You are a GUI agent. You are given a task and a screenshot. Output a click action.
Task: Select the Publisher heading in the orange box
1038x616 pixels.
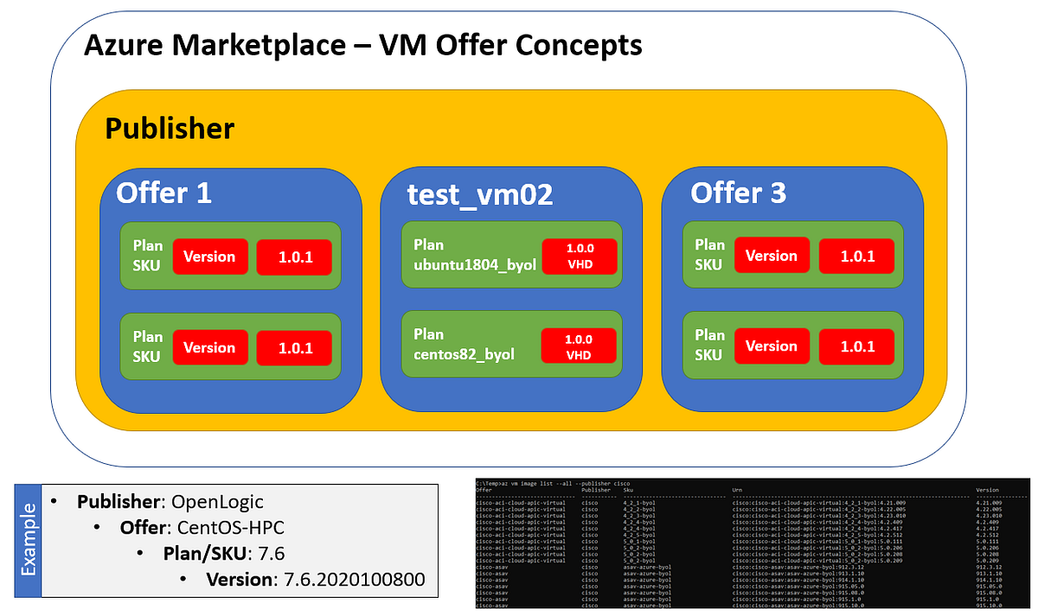tap(170, 129)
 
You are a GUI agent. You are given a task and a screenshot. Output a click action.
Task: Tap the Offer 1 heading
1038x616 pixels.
tap(163, 193)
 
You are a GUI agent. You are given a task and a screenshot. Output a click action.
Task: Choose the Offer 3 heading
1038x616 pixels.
tap(738, 193)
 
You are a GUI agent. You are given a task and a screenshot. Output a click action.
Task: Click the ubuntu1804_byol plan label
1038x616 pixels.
tap(475, 264)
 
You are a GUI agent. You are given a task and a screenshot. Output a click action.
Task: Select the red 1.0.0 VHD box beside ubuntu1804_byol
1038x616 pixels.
tap(579, 255)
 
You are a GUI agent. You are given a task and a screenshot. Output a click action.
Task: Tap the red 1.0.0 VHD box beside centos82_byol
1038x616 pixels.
tap(579, 346)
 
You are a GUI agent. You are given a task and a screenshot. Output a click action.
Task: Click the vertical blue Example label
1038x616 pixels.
tap(29, 540)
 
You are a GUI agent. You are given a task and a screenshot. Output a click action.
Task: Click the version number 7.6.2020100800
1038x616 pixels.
tap(355, 578)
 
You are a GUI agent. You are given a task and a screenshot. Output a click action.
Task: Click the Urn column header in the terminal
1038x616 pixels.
tap(736, 489)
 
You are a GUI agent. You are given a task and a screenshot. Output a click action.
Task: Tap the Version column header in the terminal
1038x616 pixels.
tap(987, 489)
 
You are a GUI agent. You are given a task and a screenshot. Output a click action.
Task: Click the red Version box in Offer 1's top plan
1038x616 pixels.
tap(210, 257)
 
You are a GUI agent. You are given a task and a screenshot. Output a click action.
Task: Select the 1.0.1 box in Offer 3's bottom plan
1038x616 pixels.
tap(855, 346)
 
